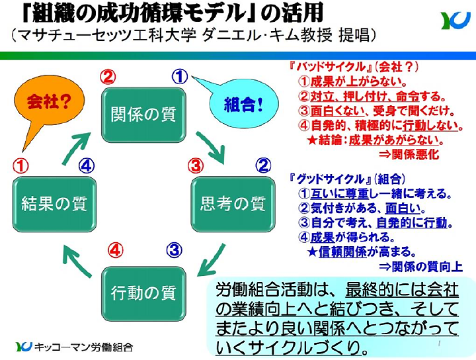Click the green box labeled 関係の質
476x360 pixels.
(x=143, y=114)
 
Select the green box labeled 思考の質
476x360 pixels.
(x=232, y=202)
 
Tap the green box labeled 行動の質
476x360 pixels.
(x=143, y=291)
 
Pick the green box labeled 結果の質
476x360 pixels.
(x=54, y=202)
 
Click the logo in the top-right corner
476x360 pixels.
(x=456, y=21)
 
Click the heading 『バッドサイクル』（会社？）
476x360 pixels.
(x=354, y=67)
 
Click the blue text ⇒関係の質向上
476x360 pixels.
(x=420, y=266)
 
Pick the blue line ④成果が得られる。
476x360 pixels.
(x=347, y=237)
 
